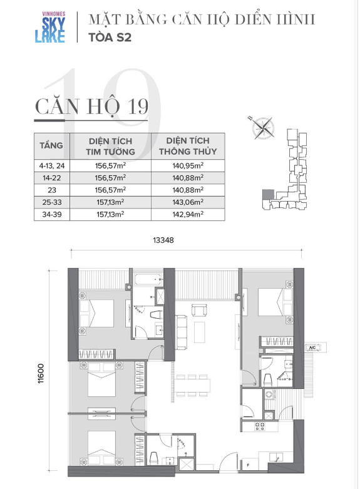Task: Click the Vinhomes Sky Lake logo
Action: point(50,27)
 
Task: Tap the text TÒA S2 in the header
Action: point(110,38)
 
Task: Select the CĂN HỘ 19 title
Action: point(91,106)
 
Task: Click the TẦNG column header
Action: point(51,145)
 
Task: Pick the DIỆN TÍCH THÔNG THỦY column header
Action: point(188,146)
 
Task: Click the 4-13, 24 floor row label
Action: point(52,165)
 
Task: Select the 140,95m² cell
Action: point(188,165)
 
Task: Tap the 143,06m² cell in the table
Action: point(188,202)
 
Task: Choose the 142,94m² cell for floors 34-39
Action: point(188,214)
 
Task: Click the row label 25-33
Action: point(52,202)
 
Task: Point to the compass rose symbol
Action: point(264,128)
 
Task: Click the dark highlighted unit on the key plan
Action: point(268,195)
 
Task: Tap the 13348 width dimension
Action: point(163,240)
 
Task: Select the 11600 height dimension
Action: point(41,373)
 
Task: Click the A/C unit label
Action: point(312,347)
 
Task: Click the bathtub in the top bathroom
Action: point(148,279)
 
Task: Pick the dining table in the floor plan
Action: point(192,386)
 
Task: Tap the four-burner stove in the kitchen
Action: point(260,426)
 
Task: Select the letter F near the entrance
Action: point(248,465)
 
